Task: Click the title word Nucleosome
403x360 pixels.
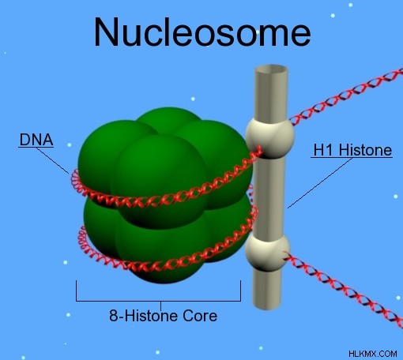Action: pos(202,32)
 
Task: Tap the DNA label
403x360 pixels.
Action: pos(36,140)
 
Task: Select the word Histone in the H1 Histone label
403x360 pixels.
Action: pos(365,150)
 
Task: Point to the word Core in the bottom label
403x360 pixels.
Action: pos(200,316)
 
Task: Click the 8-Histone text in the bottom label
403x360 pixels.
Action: pos(144,316)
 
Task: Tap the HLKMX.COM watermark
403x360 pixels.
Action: pos(373,354)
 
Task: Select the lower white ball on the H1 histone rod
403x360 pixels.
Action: pos(267,253)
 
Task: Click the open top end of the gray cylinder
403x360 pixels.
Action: pos(271,69)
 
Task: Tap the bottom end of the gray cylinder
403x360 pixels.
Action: pos(266,306)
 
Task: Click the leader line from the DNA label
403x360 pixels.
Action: pos(52,160)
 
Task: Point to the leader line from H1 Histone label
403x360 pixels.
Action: pos(320,183)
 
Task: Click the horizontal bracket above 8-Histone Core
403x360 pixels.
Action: pos(158,300)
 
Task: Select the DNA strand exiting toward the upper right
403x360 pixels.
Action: pos(346,96)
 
